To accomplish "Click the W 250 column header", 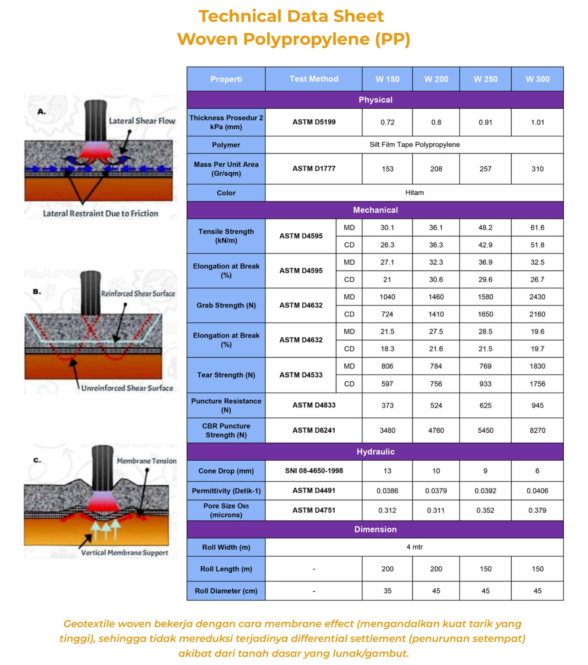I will pos(485,79).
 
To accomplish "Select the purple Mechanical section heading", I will pos(375,210).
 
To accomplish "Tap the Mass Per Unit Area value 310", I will pos(537,169).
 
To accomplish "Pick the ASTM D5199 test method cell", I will pos(314,122).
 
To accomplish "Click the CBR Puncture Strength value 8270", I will pos(537,430).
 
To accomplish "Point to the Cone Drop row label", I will pos(226,471).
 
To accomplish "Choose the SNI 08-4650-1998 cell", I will pos(314,471).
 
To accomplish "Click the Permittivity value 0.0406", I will pos(537,491).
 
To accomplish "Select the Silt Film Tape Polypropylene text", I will pos(414,145).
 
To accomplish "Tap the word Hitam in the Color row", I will pos(414,193).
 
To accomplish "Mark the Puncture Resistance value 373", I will pos(387,405).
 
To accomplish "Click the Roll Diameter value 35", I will pos(387,591).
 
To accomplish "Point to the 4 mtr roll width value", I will pos(414,547).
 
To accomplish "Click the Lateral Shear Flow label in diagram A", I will pos(142,121).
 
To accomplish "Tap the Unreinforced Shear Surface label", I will pos(127,388).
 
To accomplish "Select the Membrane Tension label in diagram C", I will pos(146,461).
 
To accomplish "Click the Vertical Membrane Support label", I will pos(124,552).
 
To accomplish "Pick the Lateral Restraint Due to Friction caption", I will pos(101,213).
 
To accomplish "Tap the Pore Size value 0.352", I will pos(485,510).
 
